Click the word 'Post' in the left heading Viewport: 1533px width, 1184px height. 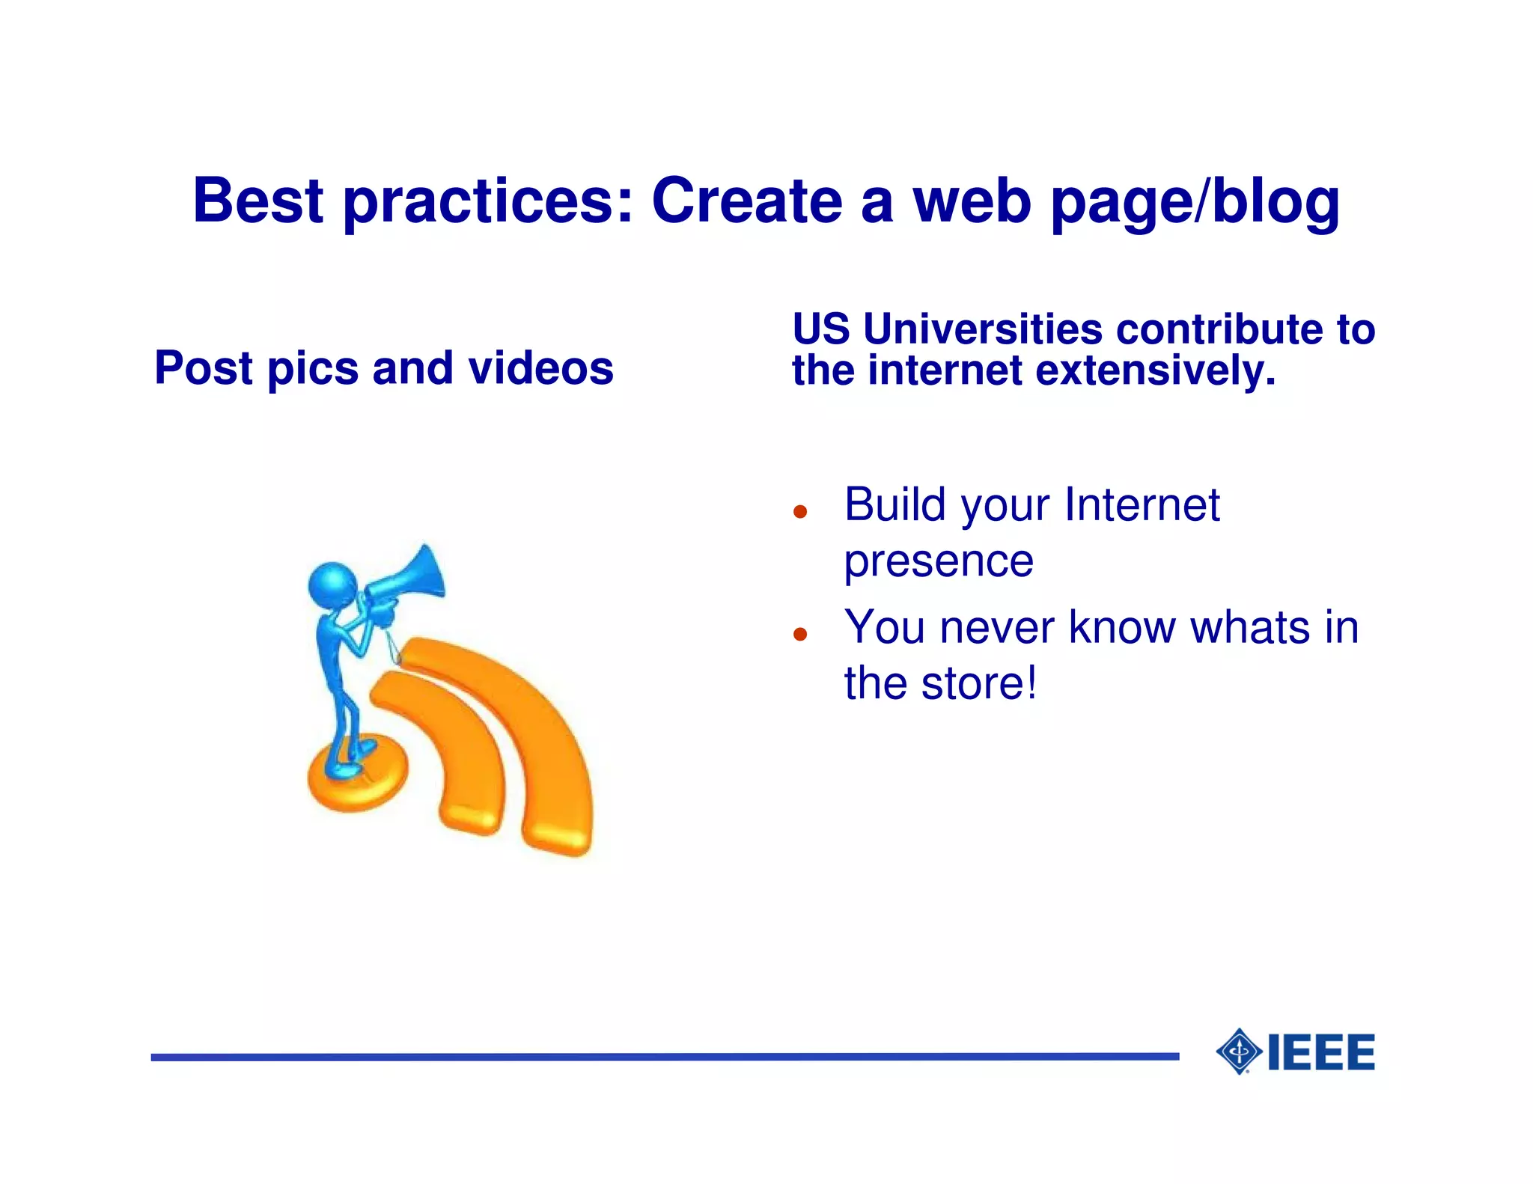[x=204, y=368]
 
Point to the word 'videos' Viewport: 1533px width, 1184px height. [x=540, y=368]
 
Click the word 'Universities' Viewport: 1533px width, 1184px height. [x=983, y=329]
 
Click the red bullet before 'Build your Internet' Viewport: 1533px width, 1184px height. [x=800, y=512]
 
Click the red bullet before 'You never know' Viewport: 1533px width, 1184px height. [x=800, y=635]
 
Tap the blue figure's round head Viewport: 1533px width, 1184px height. [x=332, y=585]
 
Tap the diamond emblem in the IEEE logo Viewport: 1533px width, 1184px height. [x=1240, y=1052]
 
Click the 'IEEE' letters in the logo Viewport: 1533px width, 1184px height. [x=1321, y=1052]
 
